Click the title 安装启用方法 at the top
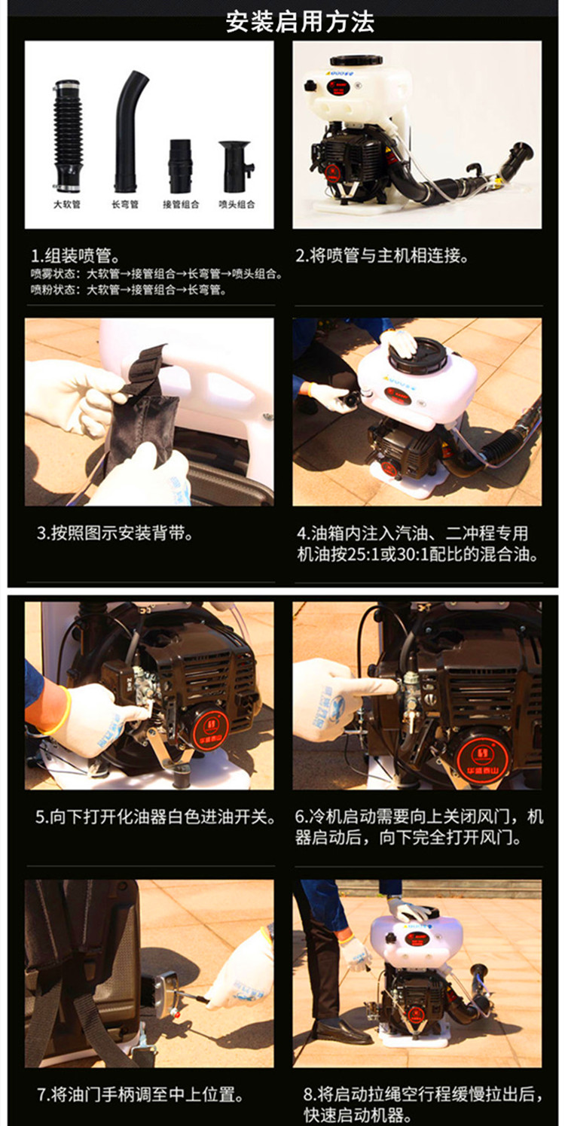[299, 22]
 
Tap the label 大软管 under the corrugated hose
[67, 205]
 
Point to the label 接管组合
[181, 205]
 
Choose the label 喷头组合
[237, 205]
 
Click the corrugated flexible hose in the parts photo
[67, 135]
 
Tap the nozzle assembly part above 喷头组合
[236, 166]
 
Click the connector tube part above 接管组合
[180, 166]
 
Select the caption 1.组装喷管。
[75, 256]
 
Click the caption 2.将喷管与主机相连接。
[382, 256]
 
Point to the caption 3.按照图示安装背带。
[115, 534]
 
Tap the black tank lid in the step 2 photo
[353, 60]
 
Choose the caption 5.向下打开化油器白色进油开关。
[156, 817]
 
